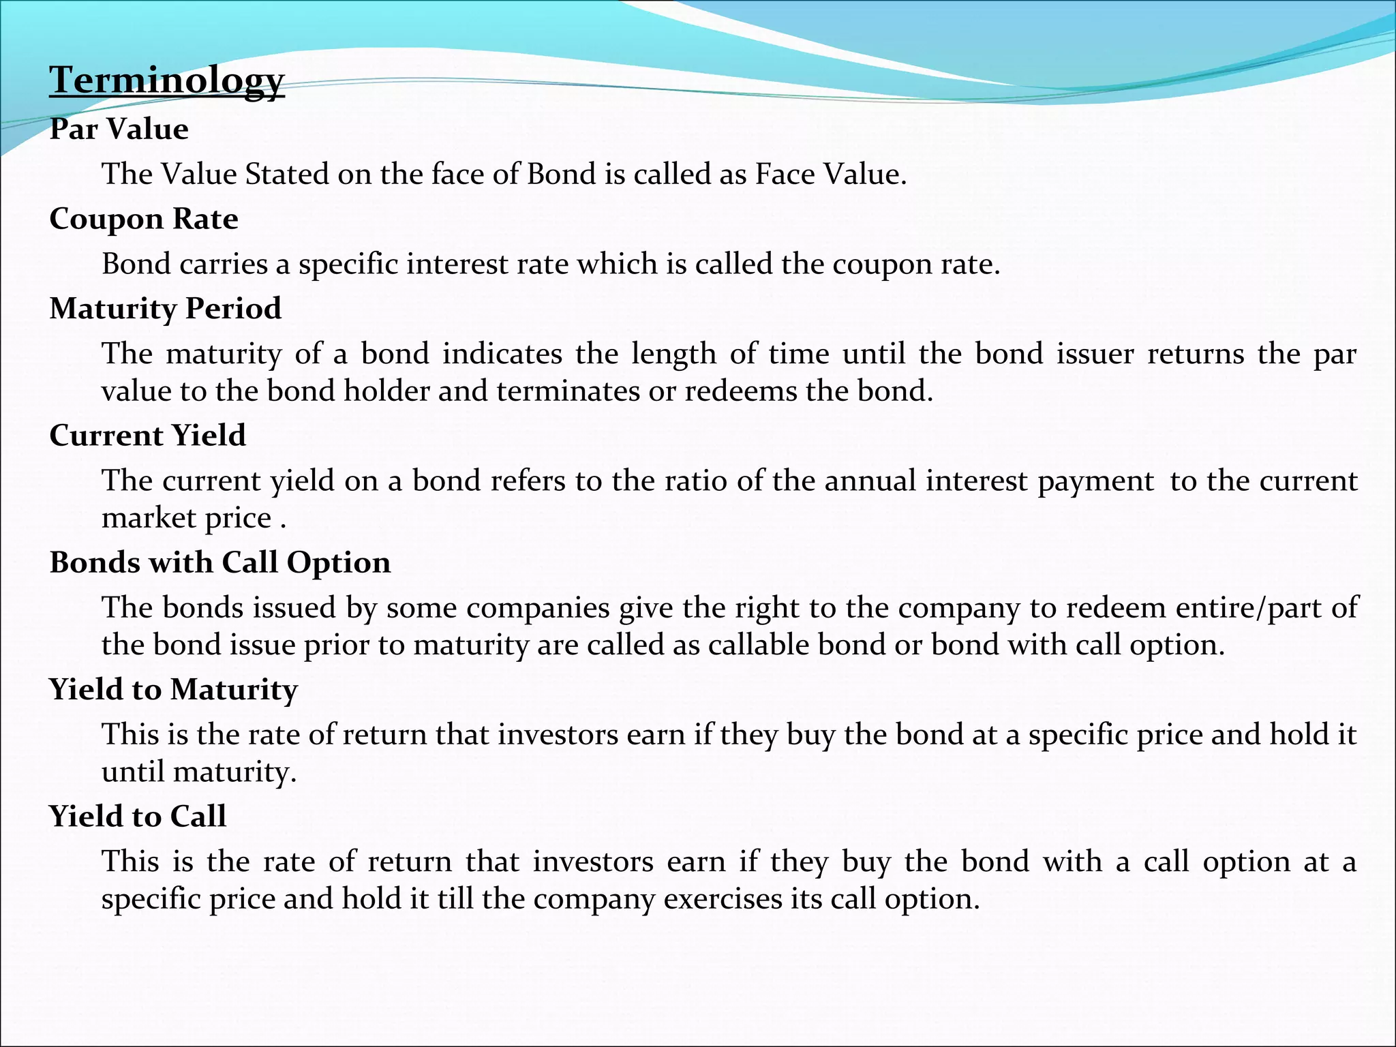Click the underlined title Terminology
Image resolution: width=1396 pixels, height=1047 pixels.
166,81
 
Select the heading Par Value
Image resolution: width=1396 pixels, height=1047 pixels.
119,130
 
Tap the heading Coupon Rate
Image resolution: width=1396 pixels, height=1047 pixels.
144,219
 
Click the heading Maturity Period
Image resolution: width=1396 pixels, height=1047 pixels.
165,309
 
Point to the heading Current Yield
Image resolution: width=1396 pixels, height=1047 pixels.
147,436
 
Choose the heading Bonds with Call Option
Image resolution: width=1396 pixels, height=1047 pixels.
220,563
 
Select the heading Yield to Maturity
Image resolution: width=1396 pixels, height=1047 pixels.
173,690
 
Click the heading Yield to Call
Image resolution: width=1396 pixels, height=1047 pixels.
137,817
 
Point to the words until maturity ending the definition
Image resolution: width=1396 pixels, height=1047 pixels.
199,772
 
